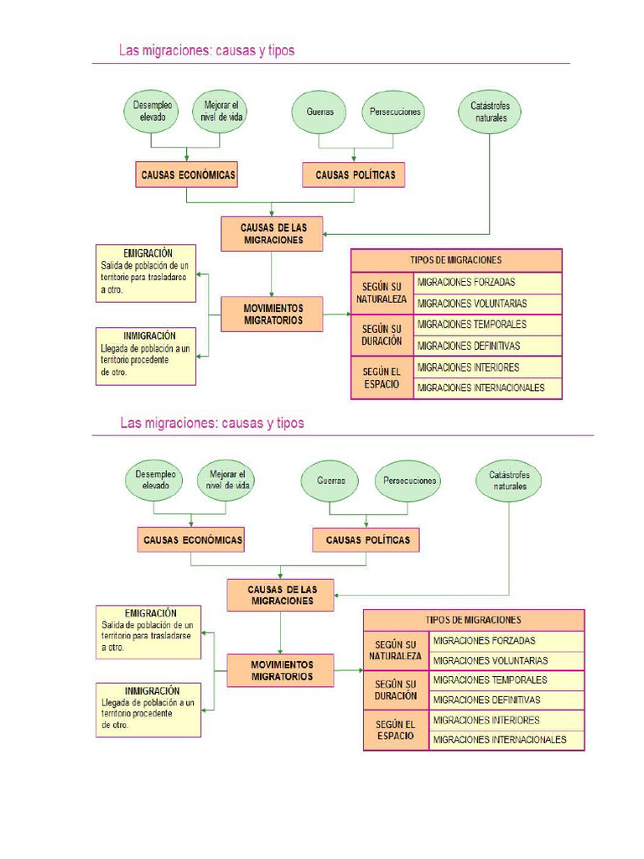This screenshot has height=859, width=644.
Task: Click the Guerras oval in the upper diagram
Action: click(319, 112)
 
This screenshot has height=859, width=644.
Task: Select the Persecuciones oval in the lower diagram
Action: click(409, 481)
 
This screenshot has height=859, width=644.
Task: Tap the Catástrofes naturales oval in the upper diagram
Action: click(490, 112)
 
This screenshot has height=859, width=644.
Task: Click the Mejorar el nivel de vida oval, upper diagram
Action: click(221, 112)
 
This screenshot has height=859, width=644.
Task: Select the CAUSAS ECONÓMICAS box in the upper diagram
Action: click(186, 174)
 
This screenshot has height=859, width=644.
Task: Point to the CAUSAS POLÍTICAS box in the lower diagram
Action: click(367, 539)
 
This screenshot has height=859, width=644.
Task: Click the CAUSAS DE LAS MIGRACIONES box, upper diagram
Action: click(273, 234)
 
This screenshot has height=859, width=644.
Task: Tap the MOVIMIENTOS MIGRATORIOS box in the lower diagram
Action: click(281, 670)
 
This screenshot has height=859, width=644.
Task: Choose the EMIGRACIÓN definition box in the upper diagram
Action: click(147, 273)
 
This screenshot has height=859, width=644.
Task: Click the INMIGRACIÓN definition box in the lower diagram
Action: click(148, 710)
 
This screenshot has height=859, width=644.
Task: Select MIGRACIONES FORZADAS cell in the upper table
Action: click(487, 283)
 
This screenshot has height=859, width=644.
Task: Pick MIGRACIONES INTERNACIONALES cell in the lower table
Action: click(506, 740)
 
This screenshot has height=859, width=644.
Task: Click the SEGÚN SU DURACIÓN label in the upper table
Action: click(382, 336)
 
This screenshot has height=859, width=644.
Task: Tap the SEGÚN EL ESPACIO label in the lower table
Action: click(396, 730)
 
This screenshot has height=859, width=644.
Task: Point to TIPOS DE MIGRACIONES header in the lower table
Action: click(474, 620)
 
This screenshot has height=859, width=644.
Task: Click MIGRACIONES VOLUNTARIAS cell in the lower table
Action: click(506, 661)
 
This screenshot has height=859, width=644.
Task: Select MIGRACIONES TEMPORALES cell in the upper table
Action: click(487, 325)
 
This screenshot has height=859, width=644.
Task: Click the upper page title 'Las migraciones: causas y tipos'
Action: click(207, 51)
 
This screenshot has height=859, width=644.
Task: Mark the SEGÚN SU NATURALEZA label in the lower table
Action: click(396, 650)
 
